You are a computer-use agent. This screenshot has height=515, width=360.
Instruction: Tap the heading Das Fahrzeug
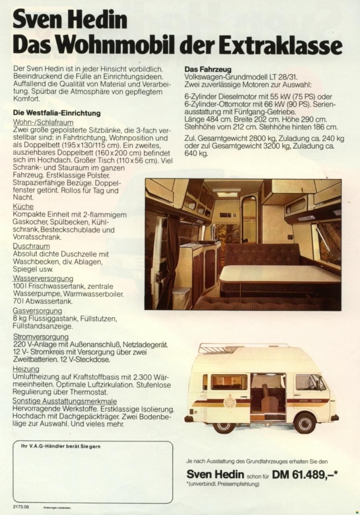pos(208,69)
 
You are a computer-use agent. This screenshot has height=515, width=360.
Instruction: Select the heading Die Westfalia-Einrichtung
pos(57,113)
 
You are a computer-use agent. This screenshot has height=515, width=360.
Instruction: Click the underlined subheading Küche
pos(23,207)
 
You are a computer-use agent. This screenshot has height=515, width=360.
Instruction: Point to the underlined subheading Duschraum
pos(31,246)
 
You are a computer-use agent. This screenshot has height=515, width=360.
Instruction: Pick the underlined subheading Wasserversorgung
pos(43,278)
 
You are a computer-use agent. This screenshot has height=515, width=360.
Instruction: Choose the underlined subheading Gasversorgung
pos(37,311)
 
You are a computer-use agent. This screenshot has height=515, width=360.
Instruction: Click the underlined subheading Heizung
pos(26,369)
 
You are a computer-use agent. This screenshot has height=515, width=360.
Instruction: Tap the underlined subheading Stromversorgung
pos(41,336)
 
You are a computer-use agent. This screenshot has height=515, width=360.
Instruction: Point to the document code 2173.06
pos(21,506)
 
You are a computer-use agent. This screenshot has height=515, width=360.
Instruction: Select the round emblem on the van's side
pos(230,401)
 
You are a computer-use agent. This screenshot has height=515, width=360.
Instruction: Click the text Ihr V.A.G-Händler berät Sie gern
pos(61,446)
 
